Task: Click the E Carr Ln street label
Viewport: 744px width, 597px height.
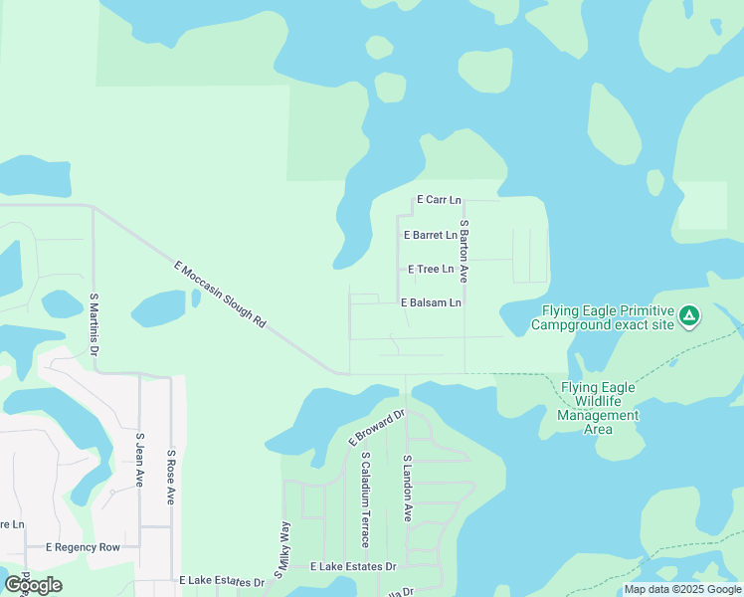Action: pos(439,200)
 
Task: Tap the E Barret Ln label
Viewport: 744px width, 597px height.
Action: pos(430,236)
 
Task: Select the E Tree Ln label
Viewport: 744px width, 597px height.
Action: pos(431,270)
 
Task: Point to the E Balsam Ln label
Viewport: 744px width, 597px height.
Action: pos(431,302)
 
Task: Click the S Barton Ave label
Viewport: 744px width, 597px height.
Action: pos(464,250)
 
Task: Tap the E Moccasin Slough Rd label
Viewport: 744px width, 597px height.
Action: pos(221,296)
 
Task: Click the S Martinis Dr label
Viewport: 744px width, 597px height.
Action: pos(93,324)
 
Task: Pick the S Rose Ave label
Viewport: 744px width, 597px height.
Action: pos(171,476)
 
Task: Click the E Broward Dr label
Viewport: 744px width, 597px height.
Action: pos(377,426)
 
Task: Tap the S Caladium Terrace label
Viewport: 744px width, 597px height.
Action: pos(366,499)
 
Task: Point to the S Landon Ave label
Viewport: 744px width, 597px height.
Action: pos(407,489)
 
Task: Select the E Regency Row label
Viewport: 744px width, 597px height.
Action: pos(84,547)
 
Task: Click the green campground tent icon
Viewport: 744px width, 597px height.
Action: pos(688,317)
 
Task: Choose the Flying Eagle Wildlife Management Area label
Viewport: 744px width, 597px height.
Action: pos(598,408)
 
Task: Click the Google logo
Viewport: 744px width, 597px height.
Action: pos(33,585)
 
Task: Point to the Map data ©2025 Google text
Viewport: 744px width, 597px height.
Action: pos(682,589)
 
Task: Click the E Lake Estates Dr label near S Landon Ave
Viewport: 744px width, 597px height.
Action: pos(353,566)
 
